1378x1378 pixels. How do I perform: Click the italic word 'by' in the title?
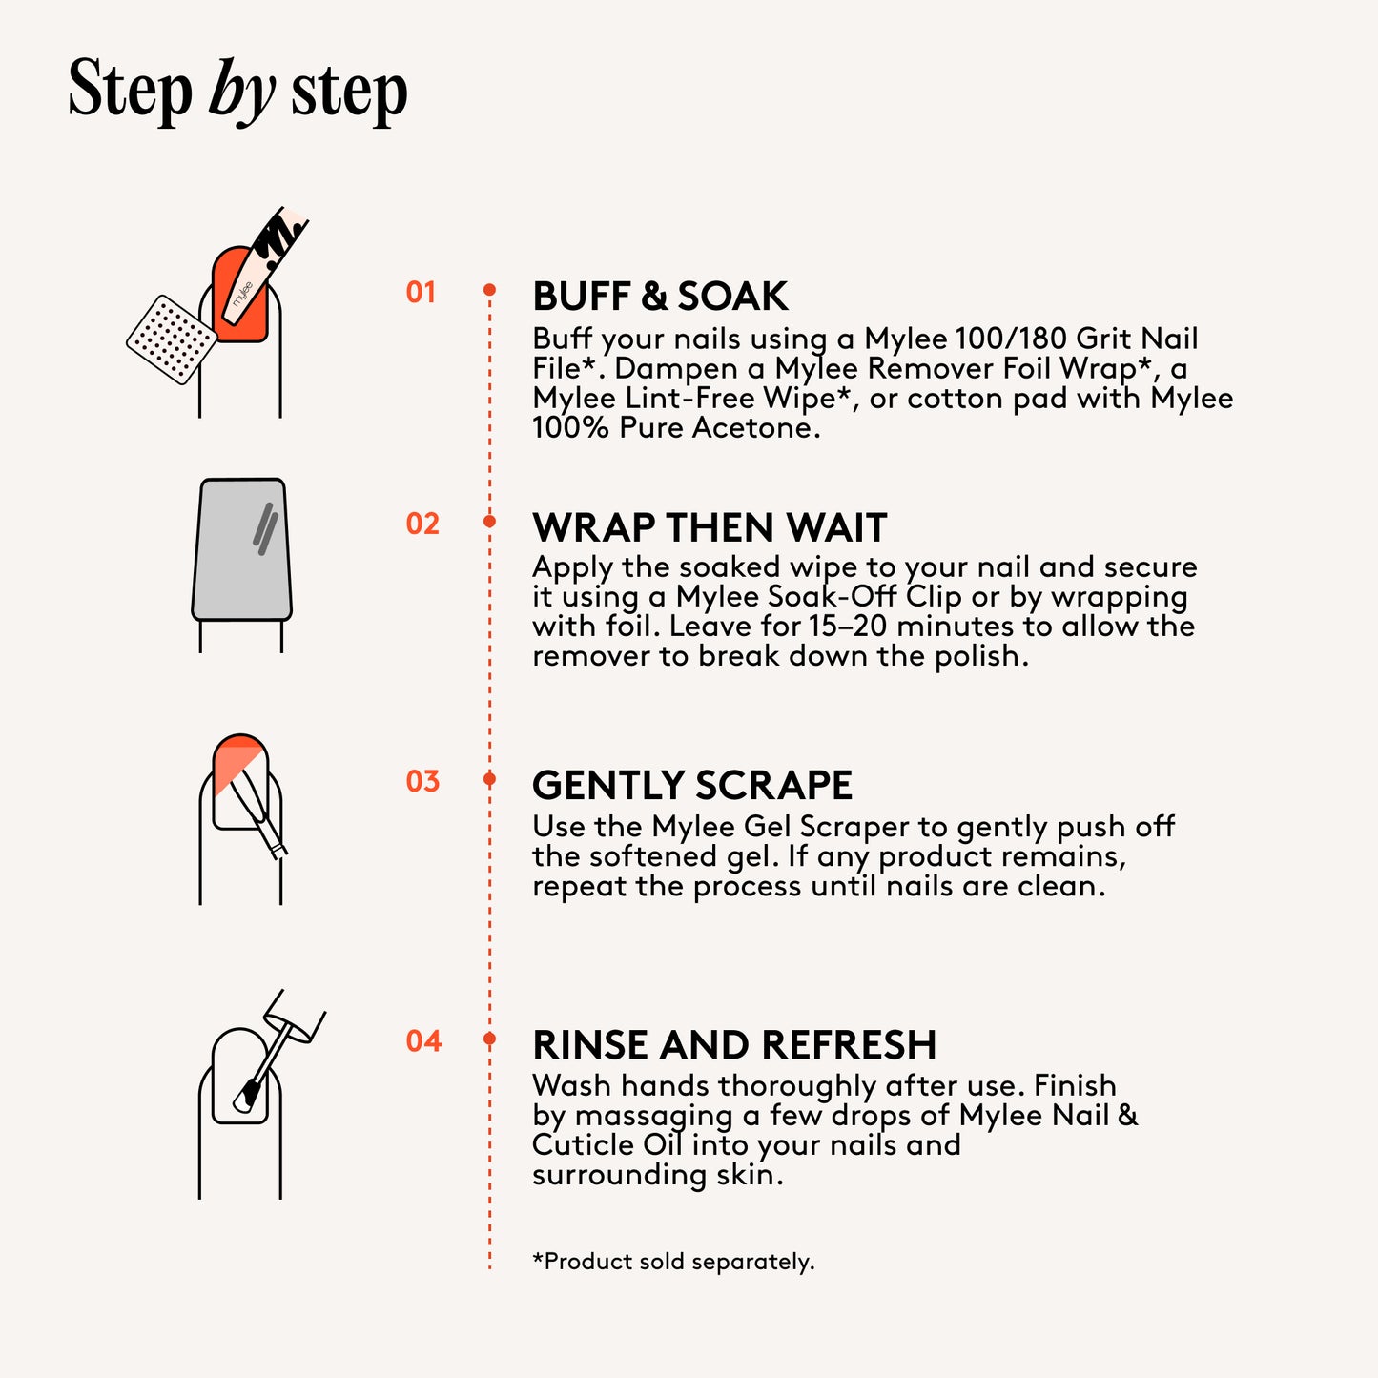point(242,92)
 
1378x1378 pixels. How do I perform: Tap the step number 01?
point(422,293)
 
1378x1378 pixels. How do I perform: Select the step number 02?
point(422,524)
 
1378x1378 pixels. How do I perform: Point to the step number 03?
point(422,782)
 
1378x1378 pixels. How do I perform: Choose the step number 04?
point(423,1041)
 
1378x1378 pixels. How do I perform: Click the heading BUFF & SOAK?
point(660,296)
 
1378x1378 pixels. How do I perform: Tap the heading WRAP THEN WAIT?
point(710,527)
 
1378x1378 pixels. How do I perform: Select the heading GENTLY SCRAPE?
point(692,785)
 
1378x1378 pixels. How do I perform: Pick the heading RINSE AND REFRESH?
point(734,1045)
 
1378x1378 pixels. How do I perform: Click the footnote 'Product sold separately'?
point(673,1261)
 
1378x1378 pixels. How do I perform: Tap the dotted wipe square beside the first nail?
point(172,339)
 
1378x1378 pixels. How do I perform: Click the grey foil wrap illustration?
point(241,550)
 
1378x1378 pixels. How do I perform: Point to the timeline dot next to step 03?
point(489,779)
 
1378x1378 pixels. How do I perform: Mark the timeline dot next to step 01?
point(489,290)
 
